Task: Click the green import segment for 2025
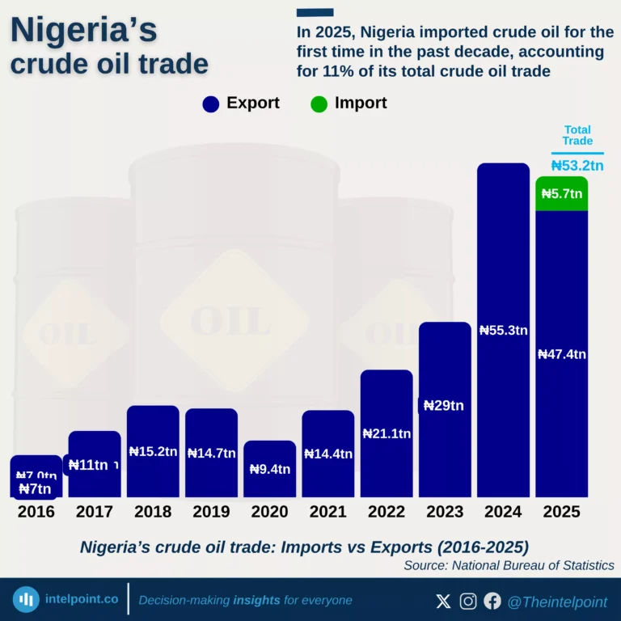coord(561,194)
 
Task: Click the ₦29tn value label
coord(445,405)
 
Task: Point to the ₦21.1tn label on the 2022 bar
coord(387,433)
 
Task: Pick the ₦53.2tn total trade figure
coord(577,166)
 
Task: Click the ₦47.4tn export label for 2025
coord(562,354)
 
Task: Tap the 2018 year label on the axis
coord(153,512)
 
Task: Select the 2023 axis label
coord(445,512)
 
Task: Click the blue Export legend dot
coord(211,103)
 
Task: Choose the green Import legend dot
coord(319,103)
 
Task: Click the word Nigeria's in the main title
coord(83,31)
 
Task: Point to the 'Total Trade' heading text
coord(577,135)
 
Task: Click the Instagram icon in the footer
coord(468,601)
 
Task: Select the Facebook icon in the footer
coord(492,601)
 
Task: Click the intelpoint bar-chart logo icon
coord(27,600)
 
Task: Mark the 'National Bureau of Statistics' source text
coord(533,566)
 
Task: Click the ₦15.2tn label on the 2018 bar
coord(153,452)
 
